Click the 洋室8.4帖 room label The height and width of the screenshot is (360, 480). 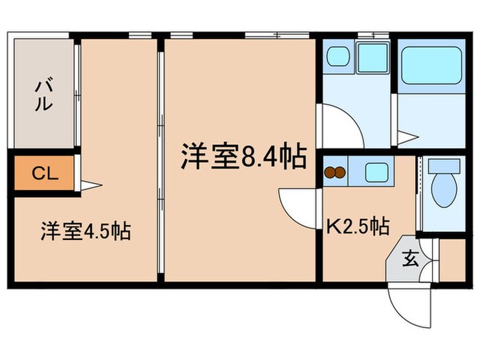[x=243, y=157]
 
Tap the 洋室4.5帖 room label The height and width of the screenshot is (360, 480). [x=86, y=230]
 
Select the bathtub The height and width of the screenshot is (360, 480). [x=431, y=64]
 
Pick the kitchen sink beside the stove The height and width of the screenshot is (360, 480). [x=377, y=171]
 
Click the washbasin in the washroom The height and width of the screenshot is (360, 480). [x=339, y=56]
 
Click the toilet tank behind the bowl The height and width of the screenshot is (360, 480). [x=443, y=165]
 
